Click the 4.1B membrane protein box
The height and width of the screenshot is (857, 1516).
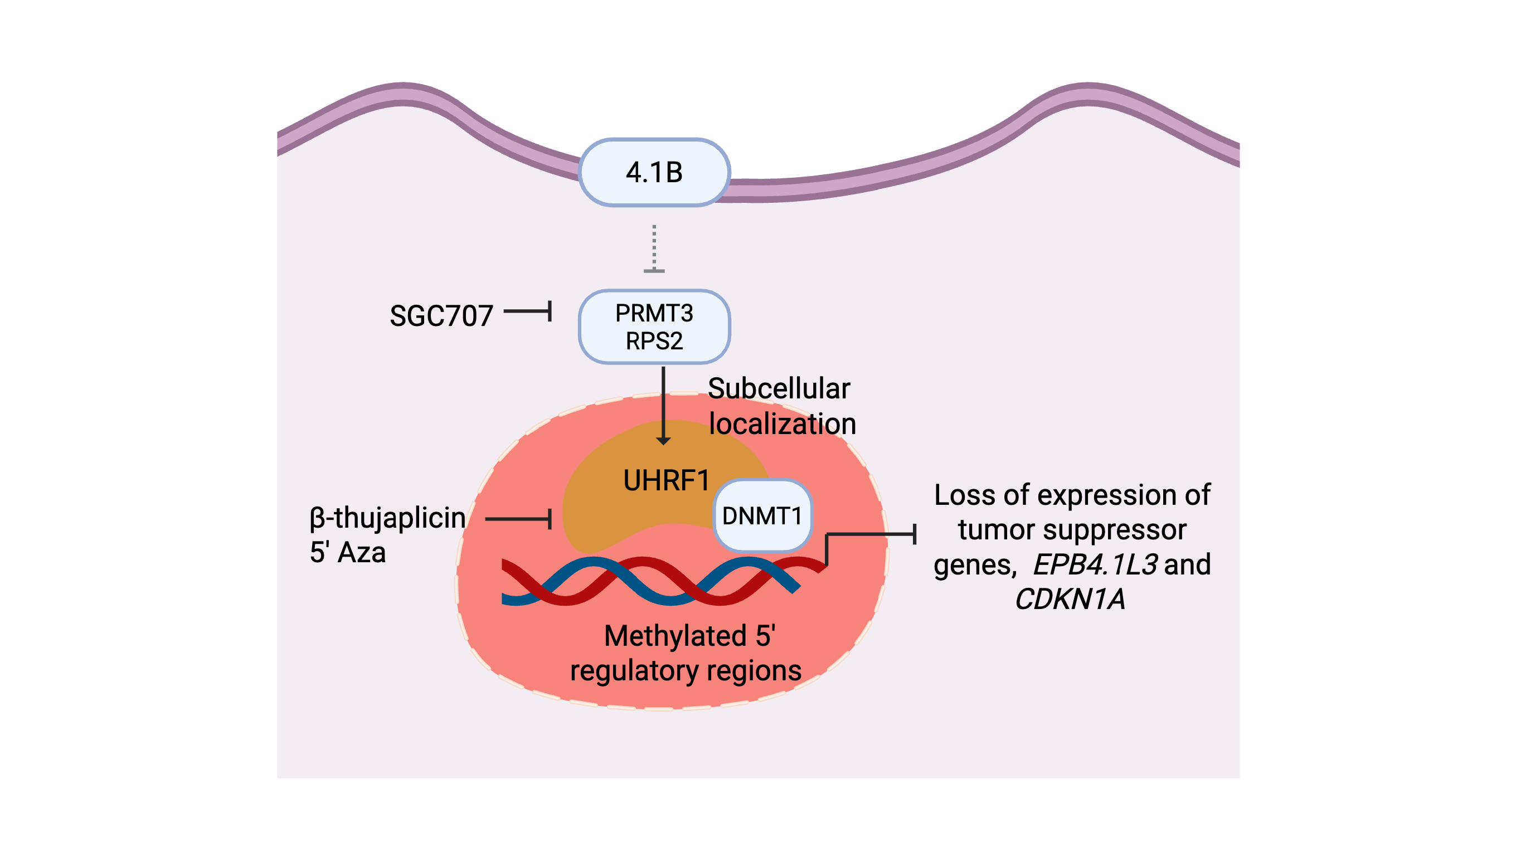click(x=654, y=173)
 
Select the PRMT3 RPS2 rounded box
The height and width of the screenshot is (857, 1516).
click(x=654, y=327)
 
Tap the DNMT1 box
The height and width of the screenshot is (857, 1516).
click(x=762, y=515)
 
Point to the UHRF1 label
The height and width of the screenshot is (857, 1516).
click(x=666, y=480)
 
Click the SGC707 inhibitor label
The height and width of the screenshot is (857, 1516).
click(x=441, y=316)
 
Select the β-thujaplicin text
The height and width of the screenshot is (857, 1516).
click(x=387, y=518)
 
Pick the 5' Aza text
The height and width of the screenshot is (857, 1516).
click(x=347, y=553)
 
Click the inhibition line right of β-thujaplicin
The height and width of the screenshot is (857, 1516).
click(x=519, y=519)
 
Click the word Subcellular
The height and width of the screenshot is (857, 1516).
click(x=778, y=388)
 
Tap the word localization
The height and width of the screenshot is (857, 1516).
click(x=782, y=424)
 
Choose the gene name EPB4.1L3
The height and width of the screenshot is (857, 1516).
click(x=1096, y=564)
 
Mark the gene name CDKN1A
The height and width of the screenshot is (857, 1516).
click(x=1070, y=599)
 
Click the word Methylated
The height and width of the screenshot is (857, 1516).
click(x=676, y=636)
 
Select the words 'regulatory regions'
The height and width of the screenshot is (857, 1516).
click(x=686, y=670)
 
